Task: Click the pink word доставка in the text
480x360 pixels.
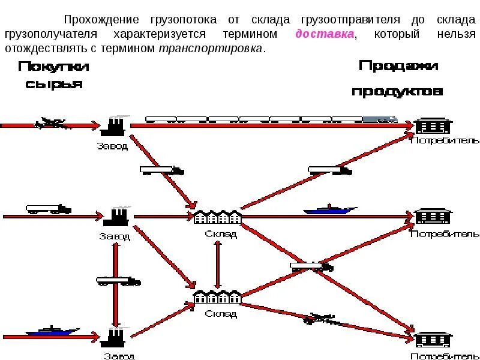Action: click(324, 34)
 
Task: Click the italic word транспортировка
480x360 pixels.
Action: click(210, 49)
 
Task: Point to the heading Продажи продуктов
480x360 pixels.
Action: click(398, 78)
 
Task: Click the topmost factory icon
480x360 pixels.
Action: click(113, 127)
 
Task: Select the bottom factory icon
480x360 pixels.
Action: click(113, 337)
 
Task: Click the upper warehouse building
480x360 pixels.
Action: click(217, 217)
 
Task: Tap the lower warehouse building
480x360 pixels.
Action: click(217, 297)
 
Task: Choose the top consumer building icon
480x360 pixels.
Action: click(433, 126)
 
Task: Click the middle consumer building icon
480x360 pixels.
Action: click(433, 216)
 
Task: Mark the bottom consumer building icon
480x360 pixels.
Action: click(433, 339)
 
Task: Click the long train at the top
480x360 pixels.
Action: click(271, 119)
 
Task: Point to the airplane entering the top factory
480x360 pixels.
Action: click(50, 123)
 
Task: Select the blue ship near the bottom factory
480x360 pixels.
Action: click(52, 331)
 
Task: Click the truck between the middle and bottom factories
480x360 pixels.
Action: click(118, 281)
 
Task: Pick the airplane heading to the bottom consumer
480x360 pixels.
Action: click(321, 319)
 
